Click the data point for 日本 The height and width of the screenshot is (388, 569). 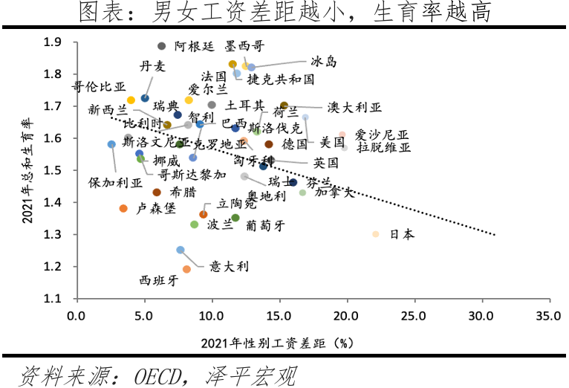[376, 234]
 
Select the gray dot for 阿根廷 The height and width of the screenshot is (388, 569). [162, 46]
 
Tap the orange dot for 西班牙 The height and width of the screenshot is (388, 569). [186, 269]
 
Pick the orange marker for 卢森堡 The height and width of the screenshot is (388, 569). [123, 209]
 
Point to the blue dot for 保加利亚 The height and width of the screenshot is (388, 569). [111, 144]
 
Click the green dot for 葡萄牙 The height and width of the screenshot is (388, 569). [235, 218]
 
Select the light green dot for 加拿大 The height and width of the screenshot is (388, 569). [302, 193]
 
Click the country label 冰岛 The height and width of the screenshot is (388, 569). [323, 62]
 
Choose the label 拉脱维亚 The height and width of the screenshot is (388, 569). [383, 147]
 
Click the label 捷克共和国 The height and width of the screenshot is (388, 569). [281, 79]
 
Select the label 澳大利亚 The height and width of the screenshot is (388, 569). [354, 108]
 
